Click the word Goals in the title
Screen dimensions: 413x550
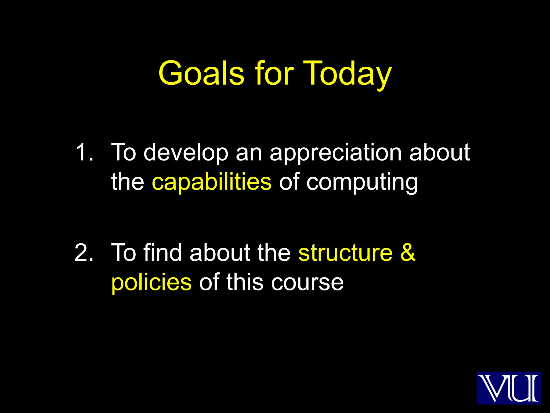click(201, 73)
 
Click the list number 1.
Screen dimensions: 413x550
click(84, 152)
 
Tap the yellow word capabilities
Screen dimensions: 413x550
click(212, 182)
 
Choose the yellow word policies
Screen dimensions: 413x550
click(151, 282)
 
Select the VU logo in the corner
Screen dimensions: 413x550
click(508, 388)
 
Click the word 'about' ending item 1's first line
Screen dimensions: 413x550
click(439, 152)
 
